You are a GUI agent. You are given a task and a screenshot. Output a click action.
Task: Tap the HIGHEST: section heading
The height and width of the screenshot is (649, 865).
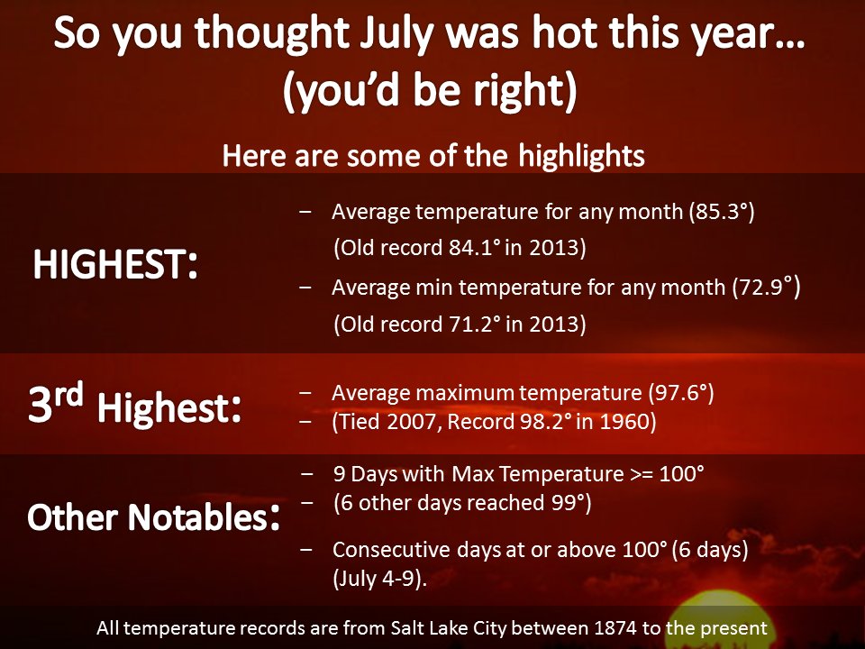point(115,264)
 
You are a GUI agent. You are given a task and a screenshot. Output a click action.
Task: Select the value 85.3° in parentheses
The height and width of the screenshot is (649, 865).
point(723,212)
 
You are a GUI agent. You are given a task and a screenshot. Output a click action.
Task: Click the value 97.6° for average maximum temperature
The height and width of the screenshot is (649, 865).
point(681,393)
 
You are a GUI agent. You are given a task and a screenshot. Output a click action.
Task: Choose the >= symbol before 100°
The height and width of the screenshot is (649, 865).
point(642,475)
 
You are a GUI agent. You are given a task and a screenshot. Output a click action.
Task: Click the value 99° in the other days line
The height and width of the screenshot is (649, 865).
point(569,503)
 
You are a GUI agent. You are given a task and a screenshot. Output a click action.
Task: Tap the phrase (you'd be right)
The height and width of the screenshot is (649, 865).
point(430,90)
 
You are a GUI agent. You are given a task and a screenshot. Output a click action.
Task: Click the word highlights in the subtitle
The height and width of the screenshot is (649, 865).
point(581,156)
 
